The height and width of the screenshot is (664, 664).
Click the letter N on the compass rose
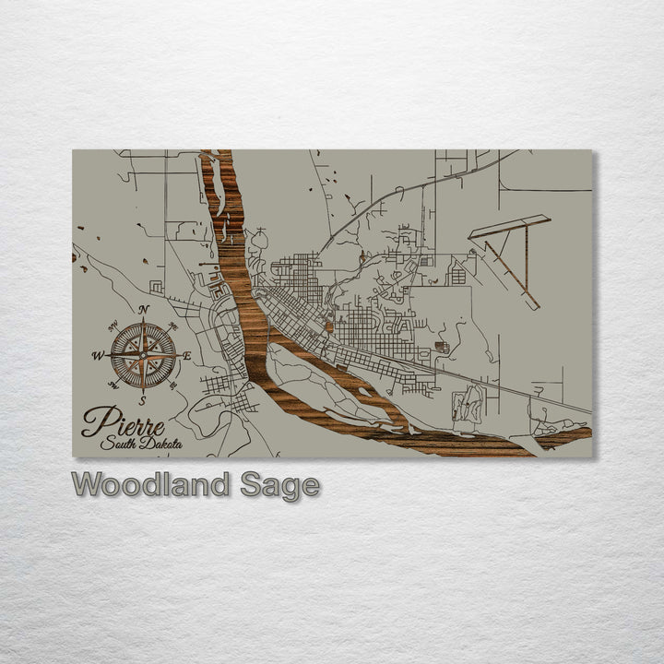(x=144, y=310)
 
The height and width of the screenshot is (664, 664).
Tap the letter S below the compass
(x=142, y=400)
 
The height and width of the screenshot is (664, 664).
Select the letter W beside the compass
(x=98, y=355)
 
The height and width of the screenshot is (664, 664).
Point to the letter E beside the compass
(x=187, y=355)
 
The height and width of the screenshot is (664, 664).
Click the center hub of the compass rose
(x=143, y=354)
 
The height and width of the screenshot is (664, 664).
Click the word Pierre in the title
(x=123, y=425)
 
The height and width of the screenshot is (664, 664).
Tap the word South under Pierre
(x=121, y=444)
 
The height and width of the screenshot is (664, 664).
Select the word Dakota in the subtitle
(x=161, y=444)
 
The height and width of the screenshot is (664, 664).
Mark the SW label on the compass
(x=113, y=385)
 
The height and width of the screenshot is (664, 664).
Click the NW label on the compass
(x=113, y=324)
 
